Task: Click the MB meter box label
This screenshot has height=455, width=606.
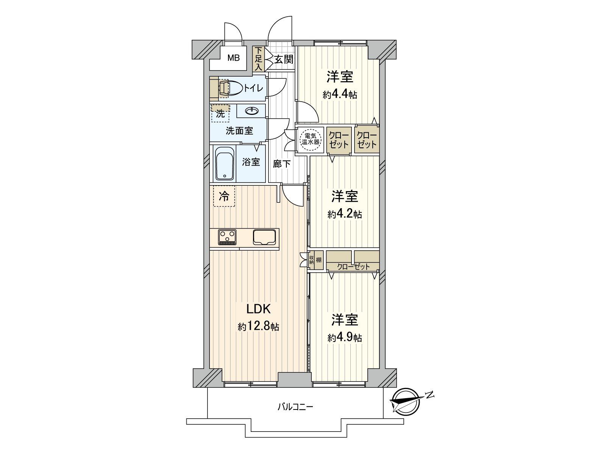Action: pyautogui.click(x=233, y=58)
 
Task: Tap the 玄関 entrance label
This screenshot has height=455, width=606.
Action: pyautogui.click(x=284, y=59)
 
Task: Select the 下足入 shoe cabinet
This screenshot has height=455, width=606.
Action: pyautogui.click(x=258, y=59)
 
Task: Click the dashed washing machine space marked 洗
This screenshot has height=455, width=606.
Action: pyautogui.click(x=220, y=113)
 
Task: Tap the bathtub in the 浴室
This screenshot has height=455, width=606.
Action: pyautogui.click(x=225, y=163)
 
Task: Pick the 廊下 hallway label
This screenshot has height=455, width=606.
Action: pyautogui.click(x=282, y=164)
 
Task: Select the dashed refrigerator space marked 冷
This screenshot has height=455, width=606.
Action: pyautogui.click(x=224, y=196)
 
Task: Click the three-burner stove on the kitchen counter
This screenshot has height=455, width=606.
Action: pyautogui.click(x=227, y=237)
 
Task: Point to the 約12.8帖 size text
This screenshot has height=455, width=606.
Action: pyautogui.click(x=258, y=327)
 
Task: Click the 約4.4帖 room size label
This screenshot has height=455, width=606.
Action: pyautogui.click(x=340, y=95)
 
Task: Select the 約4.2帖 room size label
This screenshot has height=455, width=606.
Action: pyautogui.click(x=345, y=214)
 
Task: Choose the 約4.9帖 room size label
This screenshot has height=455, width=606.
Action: pyautogui.click(x=345, y=337)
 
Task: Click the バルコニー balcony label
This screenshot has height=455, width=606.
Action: pyautogui.click(x=295, y=407)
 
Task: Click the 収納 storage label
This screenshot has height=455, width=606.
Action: pyautogui.click(x=311, y=260)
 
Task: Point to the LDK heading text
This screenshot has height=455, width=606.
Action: pyautogui.click(x=258, y=309)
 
